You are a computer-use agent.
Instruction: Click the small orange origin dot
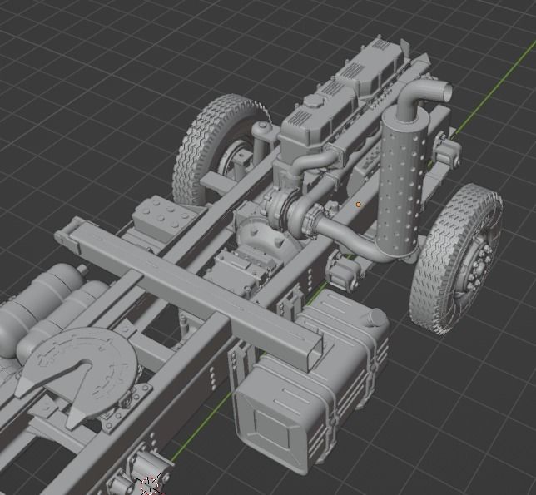359,203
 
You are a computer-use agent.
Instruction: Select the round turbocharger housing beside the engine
280,211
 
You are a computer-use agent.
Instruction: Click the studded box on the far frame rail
163,218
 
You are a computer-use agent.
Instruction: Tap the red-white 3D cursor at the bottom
150,485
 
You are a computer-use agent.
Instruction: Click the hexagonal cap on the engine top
313,101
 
